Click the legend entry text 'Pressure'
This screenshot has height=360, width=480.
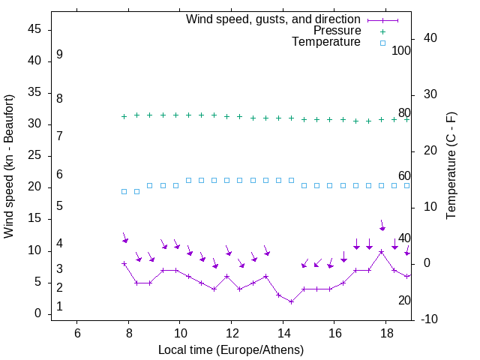[337, 31]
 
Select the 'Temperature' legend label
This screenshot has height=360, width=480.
[326, 43]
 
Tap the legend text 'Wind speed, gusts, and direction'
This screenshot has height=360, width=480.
[274, 19]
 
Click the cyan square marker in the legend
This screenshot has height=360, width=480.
[382, 43]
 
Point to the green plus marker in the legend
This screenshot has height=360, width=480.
[382, 31]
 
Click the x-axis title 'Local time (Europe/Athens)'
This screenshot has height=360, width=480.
[231, 350]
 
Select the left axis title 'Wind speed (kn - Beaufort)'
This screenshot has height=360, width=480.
[9, 166]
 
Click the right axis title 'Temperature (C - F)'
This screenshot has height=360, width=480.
[451, 166]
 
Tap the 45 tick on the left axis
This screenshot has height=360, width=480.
[34, 30]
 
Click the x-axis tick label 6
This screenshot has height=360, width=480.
[76, 332]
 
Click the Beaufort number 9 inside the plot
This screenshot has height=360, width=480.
[59, 55]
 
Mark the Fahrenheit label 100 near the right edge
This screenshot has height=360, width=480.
[401, 51]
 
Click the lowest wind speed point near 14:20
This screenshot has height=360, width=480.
[291, 301]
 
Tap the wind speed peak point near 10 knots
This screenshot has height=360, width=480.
[381, 252]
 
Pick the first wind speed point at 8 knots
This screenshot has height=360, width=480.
[124, 263]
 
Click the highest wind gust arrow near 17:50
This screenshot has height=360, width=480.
[382, 226]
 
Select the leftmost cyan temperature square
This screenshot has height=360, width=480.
[124, 191]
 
